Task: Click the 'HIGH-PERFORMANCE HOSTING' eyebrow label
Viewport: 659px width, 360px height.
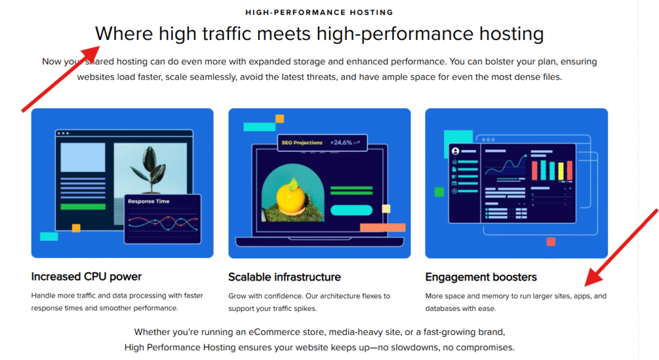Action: tap(319, 12)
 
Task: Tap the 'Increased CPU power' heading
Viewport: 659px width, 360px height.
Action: tap(86, 276)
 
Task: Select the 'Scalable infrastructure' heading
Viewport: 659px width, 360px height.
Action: tap(284, 277)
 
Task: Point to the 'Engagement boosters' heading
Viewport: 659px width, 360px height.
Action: tap(481, 277)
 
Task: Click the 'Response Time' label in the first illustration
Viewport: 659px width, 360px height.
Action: tap(149, 201)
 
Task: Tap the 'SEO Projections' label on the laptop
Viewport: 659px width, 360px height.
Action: tap(302, 142)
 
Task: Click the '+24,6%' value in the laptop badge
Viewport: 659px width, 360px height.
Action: tap(341, 142)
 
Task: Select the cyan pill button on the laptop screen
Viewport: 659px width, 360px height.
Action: tap(351, 210)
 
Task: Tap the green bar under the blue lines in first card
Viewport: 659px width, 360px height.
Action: tap(83, 207)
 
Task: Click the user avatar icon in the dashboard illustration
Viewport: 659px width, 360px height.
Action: tap(455, 151)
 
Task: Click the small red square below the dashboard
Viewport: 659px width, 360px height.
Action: tap(551, 242)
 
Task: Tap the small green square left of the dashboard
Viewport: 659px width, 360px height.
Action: tap(439, 192)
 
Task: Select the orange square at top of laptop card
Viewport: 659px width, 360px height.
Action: tap(279, 118)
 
